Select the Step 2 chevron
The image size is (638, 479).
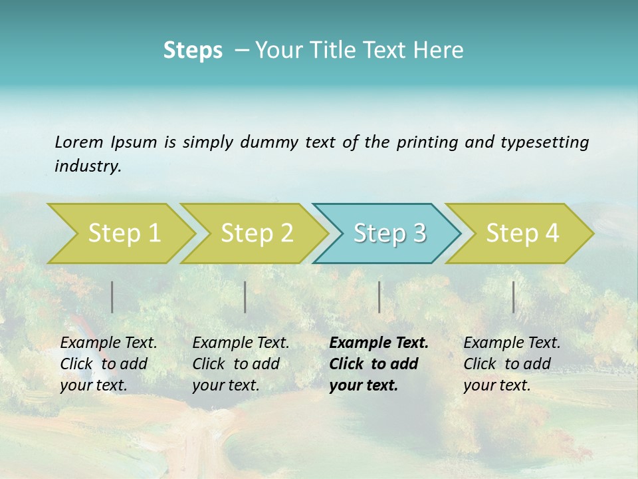coord(257,234)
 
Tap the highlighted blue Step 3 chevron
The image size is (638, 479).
coord(389,234)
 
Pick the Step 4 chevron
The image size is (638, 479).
coord(522,234)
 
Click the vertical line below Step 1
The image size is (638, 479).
coord(112,297)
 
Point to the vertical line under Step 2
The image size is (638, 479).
coord(245,297)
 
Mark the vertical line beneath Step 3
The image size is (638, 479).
coord(379,297)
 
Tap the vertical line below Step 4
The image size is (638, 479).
coord(513,297)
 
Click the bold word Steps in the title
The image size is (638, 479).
coord(193,50)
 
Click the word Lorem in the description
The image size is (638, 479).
coord(79,142)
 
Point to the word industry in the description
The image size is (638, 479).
coord(88,166)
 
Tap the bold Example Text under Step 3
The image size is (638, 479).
coord(379,343)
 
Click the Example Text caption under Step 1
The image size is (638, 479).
coord(108,343)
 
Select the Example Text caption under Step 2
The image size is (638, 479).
coord(241,343)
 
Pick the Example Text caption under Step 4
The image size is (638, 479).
coord(512,343)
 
